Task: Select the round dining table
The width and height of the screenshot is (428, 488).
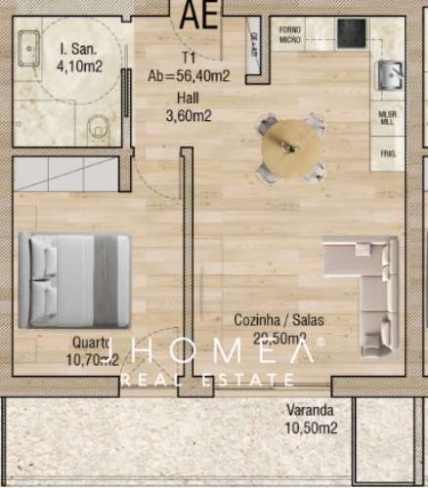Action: click(x=289, y=147)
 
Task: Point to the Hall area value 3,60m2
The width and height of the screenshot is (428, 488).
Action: click(x=190, y=115)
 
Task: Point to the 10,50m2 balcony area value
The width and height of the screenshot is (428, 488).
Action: click(x=311, y=427)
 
